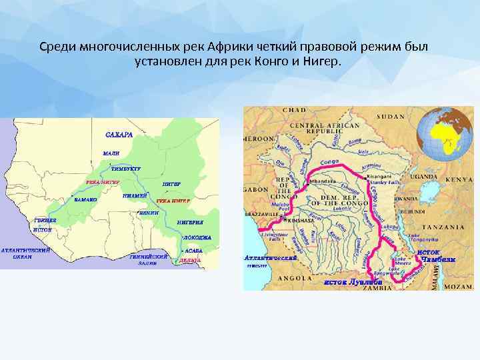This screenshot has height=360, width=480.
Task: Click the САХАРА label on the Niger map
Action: pos(119,135)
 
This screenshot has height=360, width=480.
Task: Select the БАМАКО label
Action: pos(85,199)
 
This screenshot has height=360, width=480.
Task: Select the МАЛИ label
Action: pos(111,153)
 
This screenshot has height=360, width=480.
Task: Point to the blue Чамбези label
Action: pos(437,259)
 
